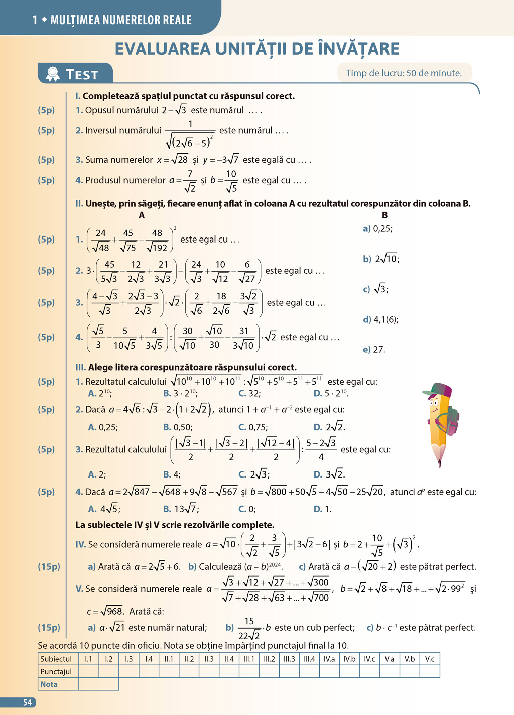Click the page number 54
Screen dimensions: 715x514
point(28,703)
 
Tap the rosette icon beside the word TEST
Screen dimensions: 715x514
point(53,74)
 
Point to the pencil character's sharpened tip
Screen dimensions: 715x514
point(440,463)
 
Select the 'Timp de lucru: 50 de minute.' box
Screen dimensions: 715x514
point(404,73)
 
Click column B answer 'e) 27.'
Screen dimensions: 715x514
point(374,349)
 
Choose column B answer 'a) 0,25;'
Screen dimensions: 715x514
point(377,229)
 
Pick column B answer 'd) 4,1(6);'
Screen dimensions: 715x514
point(380,319)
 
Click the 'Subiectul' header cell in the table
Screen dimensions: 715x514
point(56,659)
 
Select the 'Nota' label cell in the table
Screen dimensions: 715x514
point(49,684)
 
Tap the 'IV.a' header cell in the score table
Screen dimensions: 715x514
point(329,659)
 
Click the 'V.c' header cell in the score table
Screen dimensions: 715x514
point(430,659)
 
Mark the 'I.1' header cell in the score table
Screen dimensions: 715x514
point(88,659)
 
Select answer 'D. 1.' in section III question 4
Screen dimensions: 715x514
point(322,509)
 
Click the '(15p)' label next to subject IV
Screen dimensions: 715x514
point(49,566)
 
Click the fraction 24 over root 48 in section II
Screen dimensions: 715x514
point(101,240)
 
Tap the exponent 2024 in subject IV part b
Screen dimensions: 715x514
point(275,564)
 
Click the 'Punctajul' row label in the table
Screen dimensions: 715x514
point(56,671)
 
